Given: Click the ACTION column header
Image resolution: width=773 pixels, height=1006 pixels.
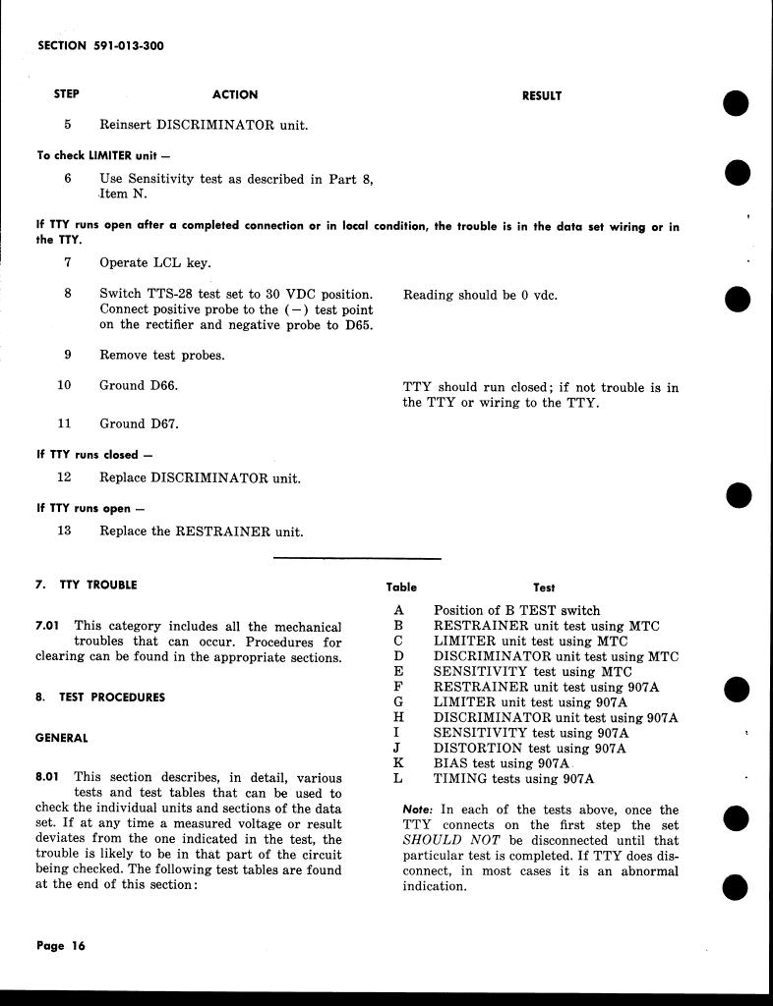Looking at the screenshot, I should click(x=235, y=95).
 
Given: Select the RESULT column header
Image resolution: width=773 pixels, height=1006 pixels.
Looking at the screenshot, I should click(x=541, y=96).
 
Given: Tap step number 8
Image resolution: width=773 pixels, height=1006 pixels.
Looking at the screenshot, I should click(x=67, y=294).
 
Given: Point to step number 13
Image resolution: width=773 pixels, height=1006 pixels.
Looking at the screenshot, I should click(x=65, y=531).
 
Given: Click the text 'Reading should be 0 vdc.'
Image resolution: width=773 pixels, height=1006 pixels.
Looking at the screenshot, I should click(x=480, y=295).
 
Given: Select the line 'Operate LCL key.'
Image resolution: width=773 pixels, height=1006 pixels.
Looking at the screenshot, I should click(x=154, y=263).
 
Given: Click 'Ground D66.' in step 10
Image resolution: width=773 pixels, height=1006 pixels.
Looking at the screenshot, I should click(x=139, y=386).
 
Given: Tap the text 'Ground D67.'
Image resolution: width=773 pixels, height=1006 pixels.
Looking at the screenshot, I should click(x=139, y=424).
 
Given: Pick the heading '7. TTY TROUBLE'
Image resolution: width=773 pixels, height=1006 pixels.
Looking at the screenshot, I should click(x=86, y=585).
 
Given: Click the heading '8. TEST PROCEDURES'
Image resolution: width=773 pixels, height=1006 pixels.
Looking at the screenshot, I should click(x=99, y=698).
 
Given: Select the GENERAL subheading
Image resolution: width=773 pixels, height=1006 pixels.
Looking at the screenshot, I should click(x=61, y=738).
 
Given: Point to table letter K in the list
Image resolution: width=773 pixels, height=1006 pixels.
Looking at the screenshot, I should click(x=398, y=763).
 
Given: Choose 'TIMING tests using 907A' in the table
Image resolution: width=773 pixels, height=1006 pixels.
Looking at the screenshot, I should click(x=513, y=779).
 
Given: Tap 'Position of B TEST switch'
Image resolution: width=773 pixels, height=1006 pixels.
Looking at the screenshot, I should click(x=516, y=610).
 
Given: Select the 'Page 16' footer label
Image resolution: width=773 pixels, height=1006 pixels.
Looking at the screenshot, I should click(x=61, y=946).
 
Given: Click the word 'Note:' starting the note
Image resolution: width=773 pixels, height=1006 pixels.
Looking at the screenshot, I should click(x=418, y=810).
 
